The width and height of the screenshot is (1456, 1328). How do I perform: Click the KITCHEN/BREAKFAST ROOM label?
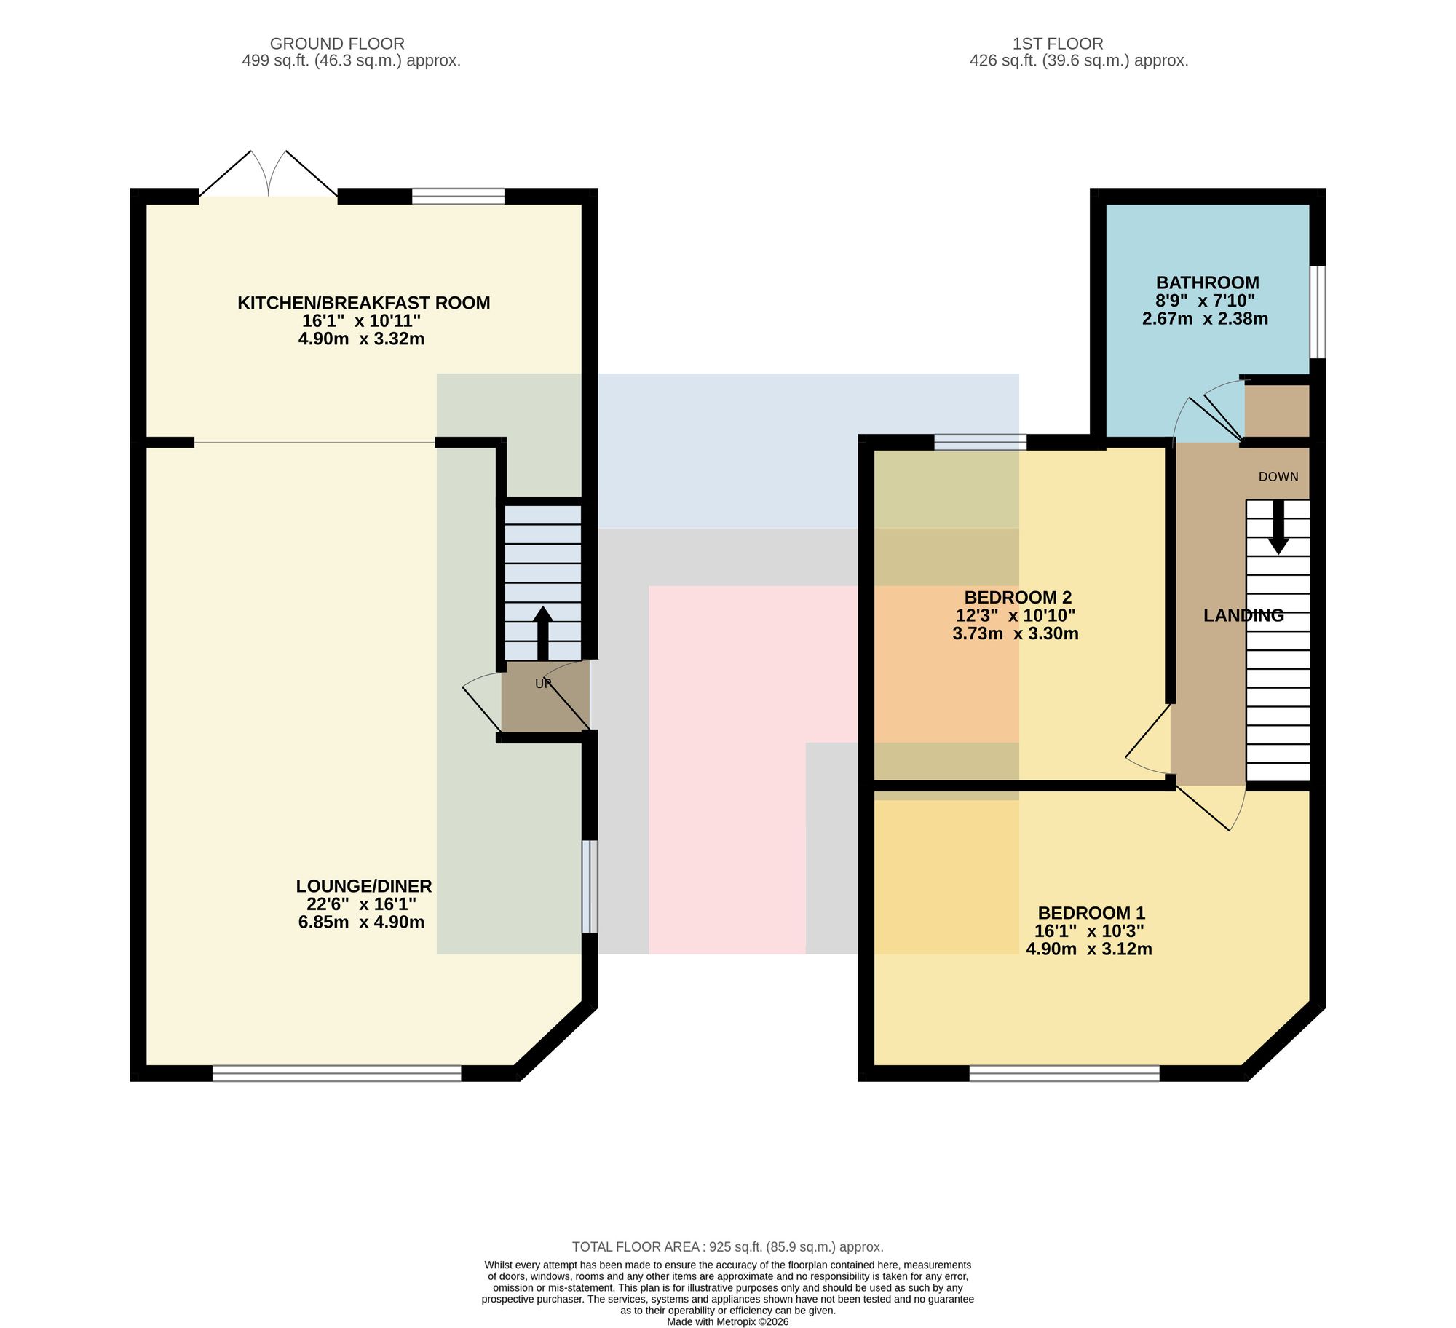pyautogui.click(x=363, y=303)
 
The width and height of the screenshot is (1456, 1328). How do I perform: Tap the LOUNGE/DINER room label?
pyautogui.click(x=363, y=886)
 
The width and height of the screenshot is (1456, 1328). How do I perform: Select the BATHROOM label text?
pyautogui.click(x=1207, y=282)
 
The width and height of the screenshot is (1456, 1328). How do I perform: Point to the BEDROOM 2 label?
pyautogui.click(x=1018, y=598)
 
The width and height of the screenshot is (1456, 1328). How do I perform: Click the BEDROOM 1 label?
pyautogui.click(x=1091, y=913)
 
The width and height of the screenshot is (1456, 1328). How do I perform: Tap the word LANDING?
pyautogui.click(x=1243, y=615)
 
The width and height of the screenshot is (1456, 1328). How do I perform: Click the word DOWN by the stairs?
pyautogui.click(x=1278, y=477)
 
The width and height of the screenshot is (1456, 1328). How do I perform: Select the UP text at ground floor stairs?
pyautogui.click(x=543, y=684)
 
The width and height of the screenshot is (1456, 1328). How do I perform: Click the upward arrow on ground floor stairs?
pyautogui.click(x=543, y=633)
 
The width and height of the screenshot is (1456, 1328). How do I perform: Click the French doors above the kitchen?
pyautogui.click(x=269, y=174)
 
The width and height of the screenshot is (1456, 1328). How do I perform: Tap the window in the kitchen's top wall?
pyautogui.click(x=458, y=196)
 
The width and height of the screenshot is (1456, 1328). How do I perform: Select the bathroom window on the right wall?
pyautogui.click(x=1318, y=312)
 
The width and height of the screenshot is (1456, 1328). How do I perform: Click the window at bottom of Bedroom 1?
pyautogui.click(x=1064, y=1073)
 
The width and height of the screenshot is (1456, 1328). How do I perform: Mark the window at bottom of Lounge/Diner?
pyautogui.click(x=337, y=1073)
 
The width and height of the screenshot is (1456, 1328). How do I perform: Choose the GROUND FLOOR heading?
pyautogui.click(x=337, y=44)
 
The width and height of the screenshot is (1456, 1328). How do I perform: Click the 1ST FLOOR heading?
pyautogui.click(x=1058, y=44)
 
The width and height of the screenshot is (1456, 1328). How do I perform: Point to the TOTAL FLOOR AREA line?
pyautogui.click(x=728, y=1247)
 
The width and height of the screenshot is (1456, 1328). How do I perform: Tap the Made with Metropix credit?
pyautogui.click(x=728, y=1322)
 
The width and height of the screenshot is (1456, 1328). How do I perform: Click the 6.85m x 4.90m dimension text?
pyautogui.click(x=361, y=922)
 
